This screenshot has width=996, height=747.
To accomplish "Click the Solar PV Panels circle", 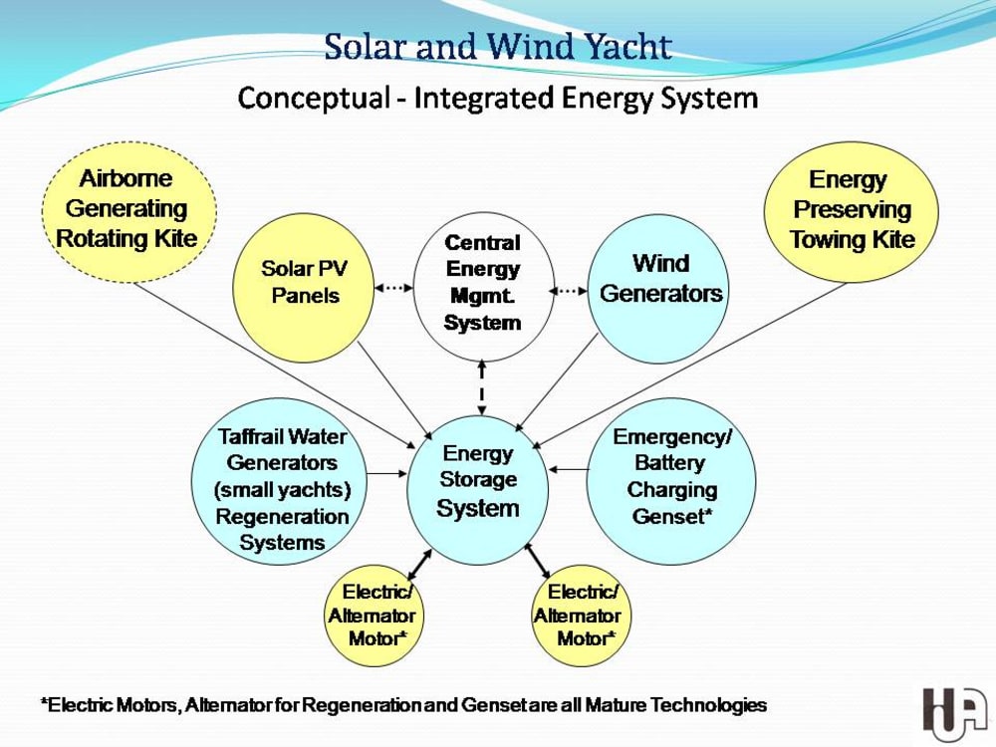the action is point(303,284).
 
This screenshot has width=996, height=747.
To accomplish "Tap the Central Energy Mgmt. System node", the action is point(483,283).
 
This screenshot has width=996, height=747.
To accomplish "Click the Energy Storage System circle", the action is point(478,482).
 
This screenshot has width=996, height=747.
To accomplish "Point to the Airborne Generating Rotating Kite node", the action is point(127,209).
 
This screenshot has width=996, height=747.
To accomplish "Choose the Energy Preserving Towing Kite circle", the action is point(851,210).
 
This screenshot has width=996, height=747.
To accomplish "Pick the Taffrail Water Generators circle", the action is point(281,489).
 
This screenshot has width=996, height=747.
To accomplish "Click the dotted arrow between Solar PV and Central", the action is point(393,288).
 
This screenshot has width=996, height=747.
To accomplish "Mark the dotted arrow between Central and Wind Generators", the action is point(569,291).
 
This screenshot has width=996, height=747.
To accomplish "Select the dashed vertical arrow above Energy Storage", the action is point(482,387).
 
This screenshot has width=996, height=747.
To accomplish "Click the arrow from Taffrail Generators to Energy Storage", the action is point(387,470).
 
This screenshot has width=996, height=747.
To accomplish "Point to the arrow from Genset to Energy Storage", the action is point(568,468).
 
